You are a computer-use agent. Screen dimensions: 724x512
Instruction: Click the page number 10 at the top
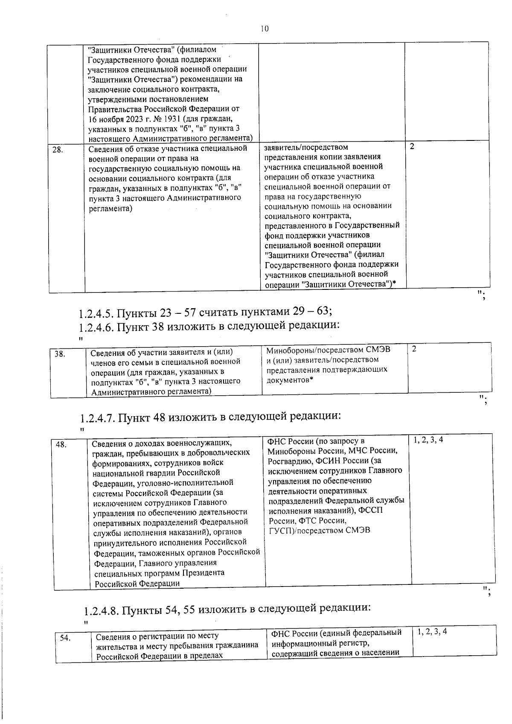[x=265, y=29]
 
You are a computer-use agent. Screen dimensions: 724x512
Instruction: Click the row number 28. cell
[x=58, y=150]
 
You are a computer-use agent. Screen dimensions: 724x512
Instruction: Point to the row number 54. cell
[x=65, y=638]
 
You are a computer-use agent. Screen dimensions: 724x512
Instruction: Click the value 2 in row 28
[x=412, y=147]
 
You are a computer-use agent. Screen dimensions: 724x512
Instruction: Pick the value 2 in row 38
[x=414, y=349]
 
